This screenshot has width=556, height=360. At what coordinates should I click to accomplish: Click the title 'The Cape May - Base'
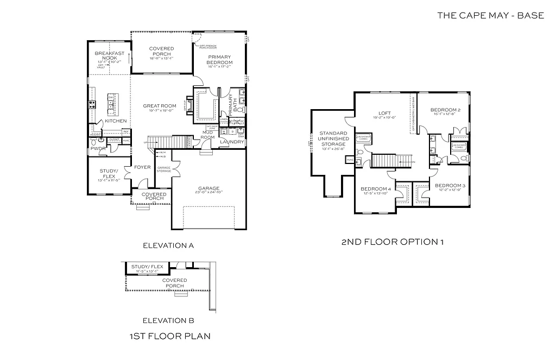(490, 15)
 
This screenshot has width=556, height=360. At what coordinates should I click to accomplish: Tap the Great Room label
(160, 106)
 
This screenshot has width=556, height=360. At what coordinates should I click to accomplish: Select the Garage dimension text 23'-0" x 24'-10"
(208, 193)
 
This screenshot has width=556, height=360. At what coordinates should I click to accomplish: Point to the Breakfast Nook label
(110, 55)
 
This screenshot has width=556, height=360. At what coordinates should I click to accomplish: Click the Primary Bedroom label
(219, 59)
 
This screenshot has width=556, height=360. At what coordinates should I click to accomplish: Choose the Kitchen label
(116, 121)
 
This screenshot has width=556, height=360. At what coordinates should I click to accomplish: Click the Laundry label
(232, 142)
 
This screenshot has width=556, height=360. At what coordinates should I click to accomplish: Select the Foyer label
(143, 167)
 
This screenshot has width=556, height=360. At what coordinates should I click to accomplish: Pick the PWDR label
(98, 148)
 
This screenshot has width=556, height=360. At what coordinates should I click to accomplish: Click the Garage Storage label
(163, 169)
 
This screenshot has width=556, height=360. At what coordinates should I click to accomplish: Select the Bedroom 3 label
(449, 186)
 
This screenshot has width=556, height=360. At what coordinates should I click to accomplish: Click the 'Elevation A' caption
(168, 245)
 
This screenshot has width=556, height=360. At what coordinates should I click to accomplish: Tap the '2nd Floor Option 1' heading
(392, 241)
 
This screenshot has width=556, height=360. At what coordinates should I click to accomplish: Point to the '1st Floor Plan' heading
(169, 336)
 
